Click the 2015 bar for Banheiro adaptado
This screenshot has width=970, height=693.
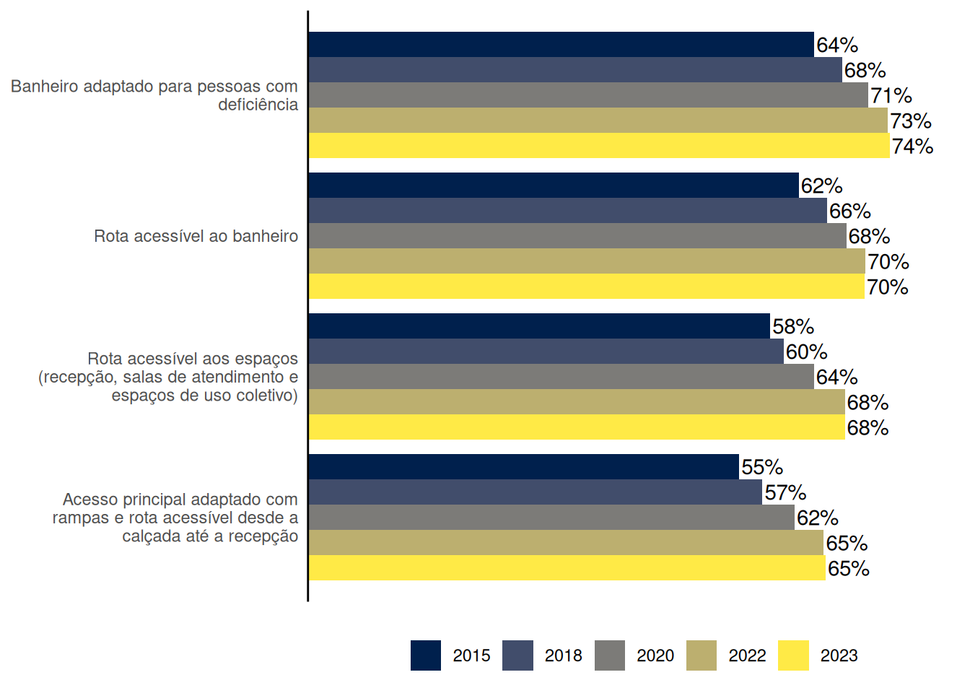tap(561, 45)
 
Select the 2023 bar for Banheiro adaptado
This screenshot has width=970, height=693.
tap(599, 146)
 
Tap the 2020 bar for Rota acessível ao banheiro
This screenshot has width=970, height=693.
tap(577, 236)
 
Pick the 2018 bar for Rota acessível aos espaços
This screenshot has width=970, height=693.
tap(546, 352)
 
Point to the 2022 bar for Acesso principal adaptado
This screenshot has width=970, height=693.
tap(566, 543)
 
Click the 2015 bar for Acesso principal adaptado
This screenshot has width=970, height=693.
tap(523, 467)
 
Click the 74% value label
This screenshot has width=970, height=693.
tap(912, 147)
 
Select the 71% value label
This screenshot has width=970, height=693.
tap(891, 96)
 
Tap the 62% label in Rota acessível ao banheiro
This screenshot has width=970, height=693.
tap(821, 186)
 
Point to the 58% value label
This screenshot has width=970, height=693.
tap(792, 327)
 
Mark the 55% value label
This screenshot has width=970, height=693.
tap(761, 468)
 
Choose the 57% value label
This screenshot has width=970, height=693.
tap(785, 493)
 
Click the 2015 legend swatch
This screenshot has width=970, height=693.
tap(426, 655)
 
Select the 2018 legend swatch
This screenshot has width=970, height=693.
tap(517, 655)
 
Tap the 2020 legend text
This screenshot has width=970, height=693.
tap(655, 655)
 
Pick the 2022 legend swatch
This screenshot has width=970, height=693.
tap(702, 655)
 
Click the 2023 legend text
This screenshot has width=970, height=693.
tap(839, 655)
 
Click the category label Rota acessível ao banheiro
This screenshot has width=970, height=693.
tap(196, 236)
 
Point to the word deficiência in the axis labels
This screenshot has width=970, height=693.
tap(258, 105)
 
